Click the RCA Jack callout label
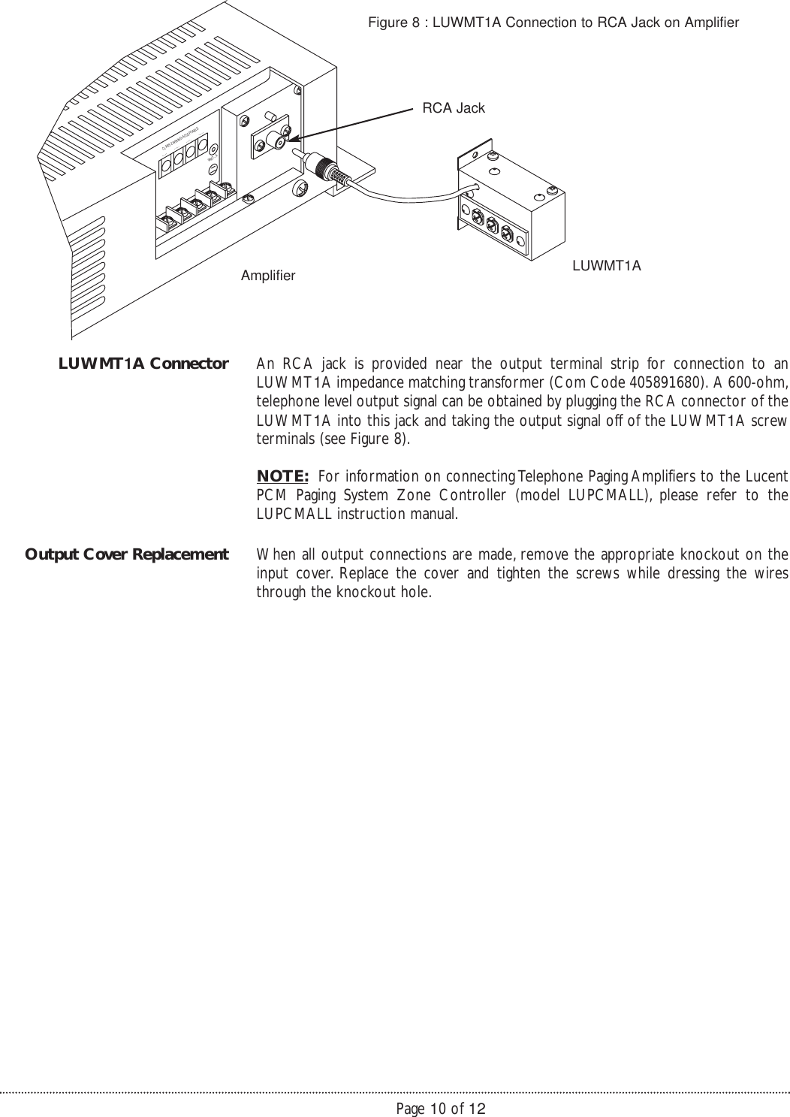(454, 108)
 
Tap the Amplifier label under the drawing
(268, 276)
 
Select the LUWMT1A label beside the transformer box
(607, 265)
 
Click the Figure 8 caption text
(553, 23)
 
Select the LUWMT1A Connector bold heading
(143, 364)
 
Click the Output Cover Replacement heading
(127, 554)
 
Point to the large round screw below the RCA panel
(300, 188)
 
